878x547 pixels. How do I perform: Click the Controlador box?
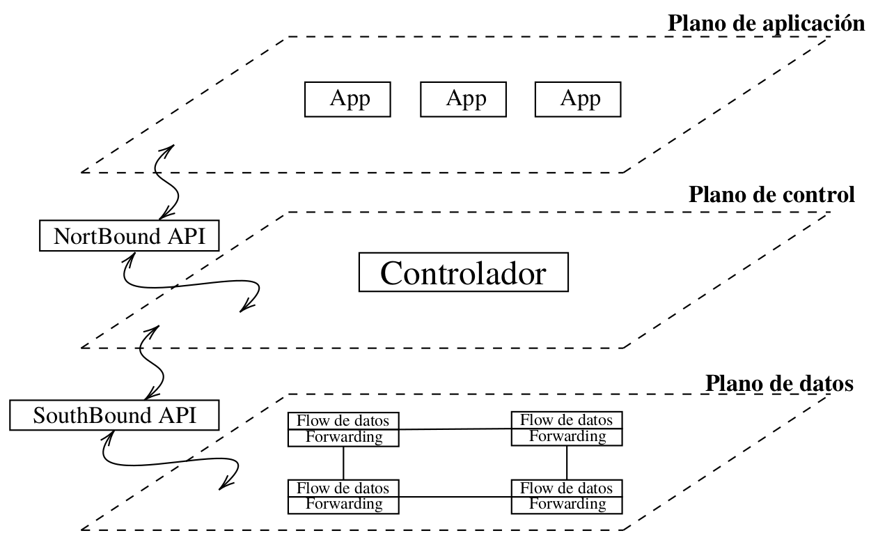tap(463, 273)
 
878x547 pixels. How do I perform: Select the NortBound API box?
tap(129, 237)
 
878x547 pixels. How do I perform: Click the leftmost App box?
tap(347, 100)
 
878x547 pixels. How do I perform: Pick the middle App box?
tap(462, 100)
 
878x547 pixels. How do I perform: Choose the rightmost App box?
tap(577, 100)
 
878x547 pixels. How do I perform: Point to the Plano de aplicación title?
tap(766, 23)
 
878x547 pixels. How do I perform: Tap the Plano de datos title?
tap(780, 383)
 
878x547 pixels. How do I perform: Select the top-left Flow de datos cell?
tap(344, 421)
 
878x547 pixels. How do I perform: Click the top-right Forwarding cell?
tap(567, 437)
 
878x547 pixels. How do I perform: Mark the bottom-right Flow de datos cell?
tap(567, 488)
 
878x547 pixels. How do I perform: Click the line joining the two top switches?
tap(455, 430)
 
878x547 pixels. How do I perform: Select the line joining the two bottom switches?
tap(455, 496)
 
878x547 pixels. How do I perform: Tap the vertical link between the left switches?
tap(344, 463)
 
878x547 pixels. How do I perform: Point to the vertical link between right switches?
tap(567, 463)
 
